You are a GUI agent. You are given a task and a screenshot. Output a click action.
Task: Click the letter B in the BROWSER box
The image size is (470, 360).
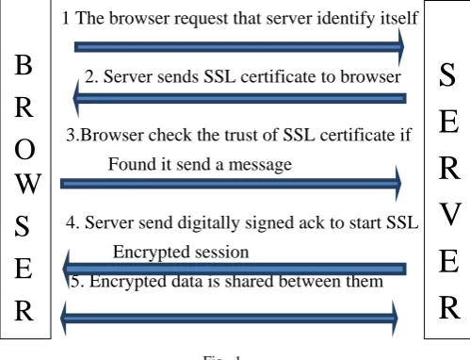(24, 65)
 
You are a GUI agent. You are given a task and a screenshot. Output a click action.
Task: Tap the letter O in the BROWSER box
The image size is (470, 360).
(24, 150)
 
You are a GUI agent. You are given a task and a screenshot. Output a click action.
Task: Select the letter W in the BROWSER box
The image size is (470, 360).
(27, 183)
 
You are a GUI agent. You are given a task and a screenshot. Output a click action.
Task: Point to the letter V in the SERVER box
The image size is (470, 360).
(450, 214)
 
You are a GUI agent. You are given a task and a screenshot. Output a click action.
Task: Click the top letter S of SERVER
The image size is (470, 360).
(447, 74)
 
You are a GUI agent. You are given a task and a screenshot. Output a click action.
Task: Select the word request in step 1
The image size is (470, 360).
(201, 19)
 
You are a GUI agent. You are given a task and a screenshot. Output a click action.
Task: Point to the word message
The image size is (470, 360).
(260, 165)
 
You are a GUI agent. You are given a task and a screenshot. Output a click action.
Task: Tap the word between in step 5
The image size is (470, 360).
(309, 281)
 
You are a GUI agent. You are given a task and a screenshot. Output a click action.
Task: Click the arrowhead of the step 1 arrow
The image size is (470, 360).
(401, 47)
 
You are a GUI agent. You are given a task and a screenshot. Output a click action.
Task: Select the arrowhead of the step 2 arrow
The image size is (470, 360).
(75, 98)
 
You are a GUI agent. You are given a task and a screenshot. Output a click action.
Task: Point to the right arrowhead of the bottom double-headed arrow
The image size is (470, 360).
(396, 318)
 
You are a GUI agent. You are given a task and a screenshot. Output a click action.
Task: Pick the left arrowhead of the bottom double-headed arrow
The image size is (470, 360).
(63, 318)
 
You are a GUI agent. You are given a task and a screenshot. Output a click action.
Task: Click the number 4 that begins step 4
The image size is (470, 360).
(71, 222)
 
